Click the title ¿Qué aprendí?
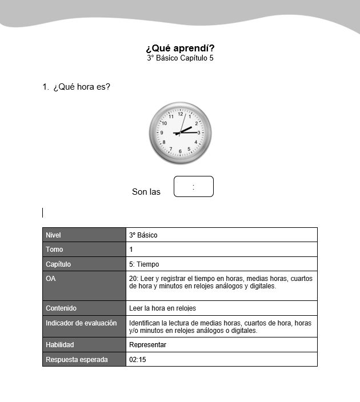(x=180, y=48)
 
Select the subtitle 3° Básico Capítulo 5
(x=180, y=58)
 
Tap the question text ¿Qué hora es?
(x=81, y=87)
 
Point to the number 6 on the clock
(x=181, y=151)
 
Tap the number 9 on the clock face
(x=162, y=132)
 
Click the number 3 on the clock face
(x=198, y=132)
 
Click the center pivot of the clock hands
(x=180, y=133)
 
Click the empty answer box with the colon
(x=193, y=187)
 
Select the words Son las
(x=146, y=192)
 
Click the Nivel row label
(x=53, y=235)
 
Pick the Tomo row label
(x=54, y=250)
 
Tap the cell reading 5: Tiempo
(x=144, y=264)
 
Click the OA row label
(x=51, y=279)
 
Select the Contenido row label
(x=61, y=308)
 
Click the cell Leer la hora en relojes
(x=162, y=308)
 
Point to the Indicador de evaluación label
(x=81, y=323)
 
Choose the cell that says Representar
(x=147, y=345)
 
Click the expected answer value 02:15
(x=138, y=360)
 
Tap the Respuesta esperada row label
(x=77, y=360)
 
